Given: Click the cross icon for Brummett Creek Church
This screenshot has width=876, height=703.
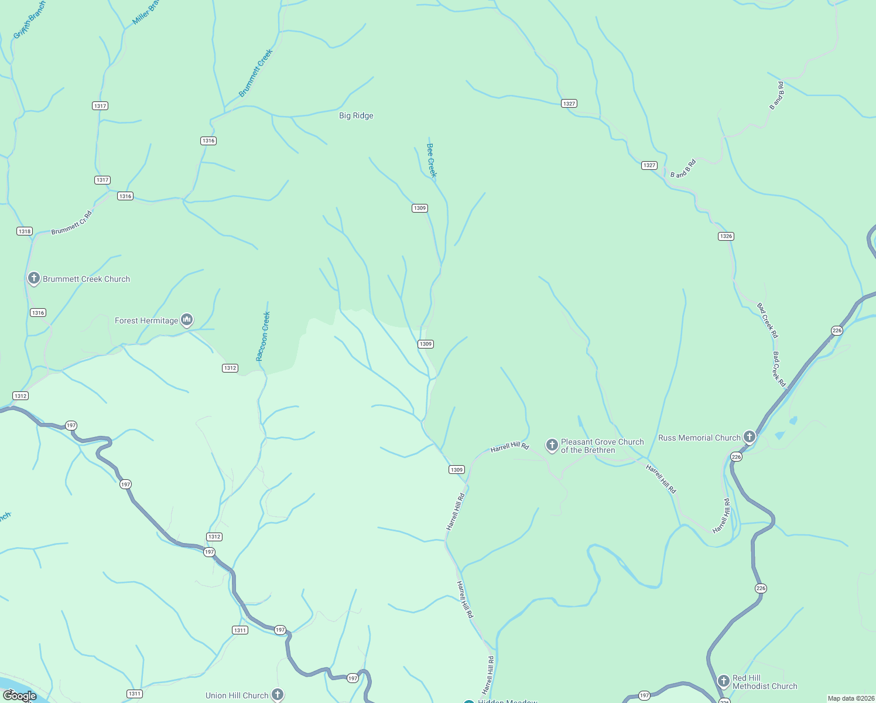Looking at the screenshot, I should coord(34,278).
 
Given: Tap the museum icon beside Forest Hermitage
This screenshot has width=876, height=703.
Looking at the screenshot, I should coord(187,319).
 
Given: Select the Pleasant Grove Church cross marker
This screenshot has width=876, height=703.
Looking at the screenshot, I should coord(552,445).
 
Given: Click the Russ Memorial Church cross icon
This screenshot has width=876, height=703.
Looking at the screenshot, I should coord(750,436).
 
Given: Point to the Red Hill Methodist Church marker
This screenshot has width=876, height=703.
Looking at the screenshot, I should coord(724,681).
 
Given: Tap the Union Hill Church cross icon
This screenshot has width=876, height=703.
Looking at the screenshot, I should coord(278,694).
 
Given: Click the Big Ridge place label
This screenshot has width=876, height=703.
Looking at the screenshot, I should coord(356,115).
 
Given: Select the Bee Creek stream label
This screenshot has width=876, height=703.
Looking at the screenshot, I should coord(432,160).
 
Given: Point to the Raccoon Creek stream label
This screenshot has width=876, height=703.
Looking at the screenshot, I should coord(263,336).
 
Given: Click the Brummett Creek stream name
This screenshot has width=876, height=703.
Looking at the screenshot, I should coord(256,73).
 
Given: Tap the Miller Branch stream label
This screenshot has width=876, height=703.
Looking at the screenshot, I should coord(146,12).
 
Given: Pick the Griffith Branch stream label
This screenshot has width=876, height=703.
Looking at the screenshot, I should coord(29,21).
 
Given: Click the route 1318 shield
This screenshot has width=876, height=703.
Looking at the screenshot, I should coord(25,231).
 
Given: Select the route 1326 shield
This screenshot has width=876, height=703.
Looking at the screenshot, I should coord(726,236).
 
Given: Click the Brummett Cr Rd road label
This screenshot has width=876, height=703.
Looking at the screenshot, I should coord(71,223).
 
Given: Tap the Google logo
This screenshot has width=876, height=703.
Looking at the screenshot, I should coord(19,695).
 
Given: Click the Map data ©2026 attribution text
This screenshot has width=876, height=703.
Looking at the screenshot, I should coord(850,698).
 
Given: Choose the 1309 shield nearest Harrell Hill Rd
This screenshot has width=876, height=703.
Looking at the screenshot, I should coord(457,469).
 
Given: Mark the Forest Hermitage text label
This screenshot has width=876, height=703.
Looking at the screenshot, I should coord(146,320).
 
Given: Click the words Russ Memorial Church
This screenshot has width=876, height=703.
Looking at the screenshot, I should coord(699,438).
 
